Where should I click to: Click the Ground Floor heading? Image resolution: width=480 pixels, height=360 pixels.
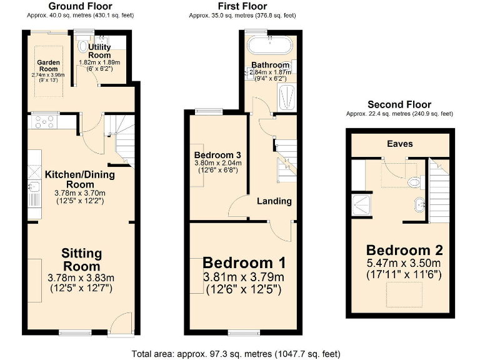pyautogui.click(x=80, y=6)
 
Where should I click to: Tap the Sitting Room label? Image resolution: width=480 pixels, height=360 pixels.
pyautogui.click(x=81, y=259)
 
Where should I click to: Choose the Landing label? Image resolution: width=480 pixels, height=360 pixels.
pyautogui.click(x=274, y=201)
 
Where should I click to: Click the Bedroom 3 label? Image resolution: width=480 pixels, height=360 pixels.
pyautogui.click(x=217, y=155)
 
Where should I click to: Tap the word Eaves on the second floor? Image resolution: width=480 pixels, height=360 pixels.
pyautogui.click(x=399, y=144)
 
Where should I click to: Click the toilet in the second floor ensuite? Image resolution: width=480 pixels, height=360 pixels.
pyautogui.click(x=413, y=182)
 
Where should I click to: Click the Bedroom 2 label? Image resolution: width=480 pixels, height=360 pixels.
pyautogui.click(x=404, y=250)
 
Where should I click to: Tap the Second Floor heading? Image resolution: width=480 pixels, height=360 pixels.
pyautogui.click(x=399, y=104)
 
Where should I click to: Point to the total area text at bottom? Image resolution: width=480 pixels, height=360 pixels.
pyautogui.click(x=236, y=353)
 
